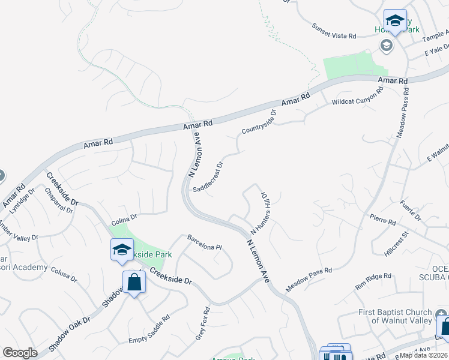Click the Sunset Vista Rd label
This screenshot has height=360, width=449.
tap(334, 32)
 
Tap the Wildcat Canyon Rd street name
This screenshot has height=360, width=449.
tap(358, 98)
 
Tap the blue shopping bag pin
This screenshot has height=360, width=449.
tap(133, 281)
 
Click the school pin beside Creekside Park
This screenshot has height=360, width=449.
tap(122, 250)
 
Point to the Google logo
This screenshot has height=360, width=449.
tap(20, 353)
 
